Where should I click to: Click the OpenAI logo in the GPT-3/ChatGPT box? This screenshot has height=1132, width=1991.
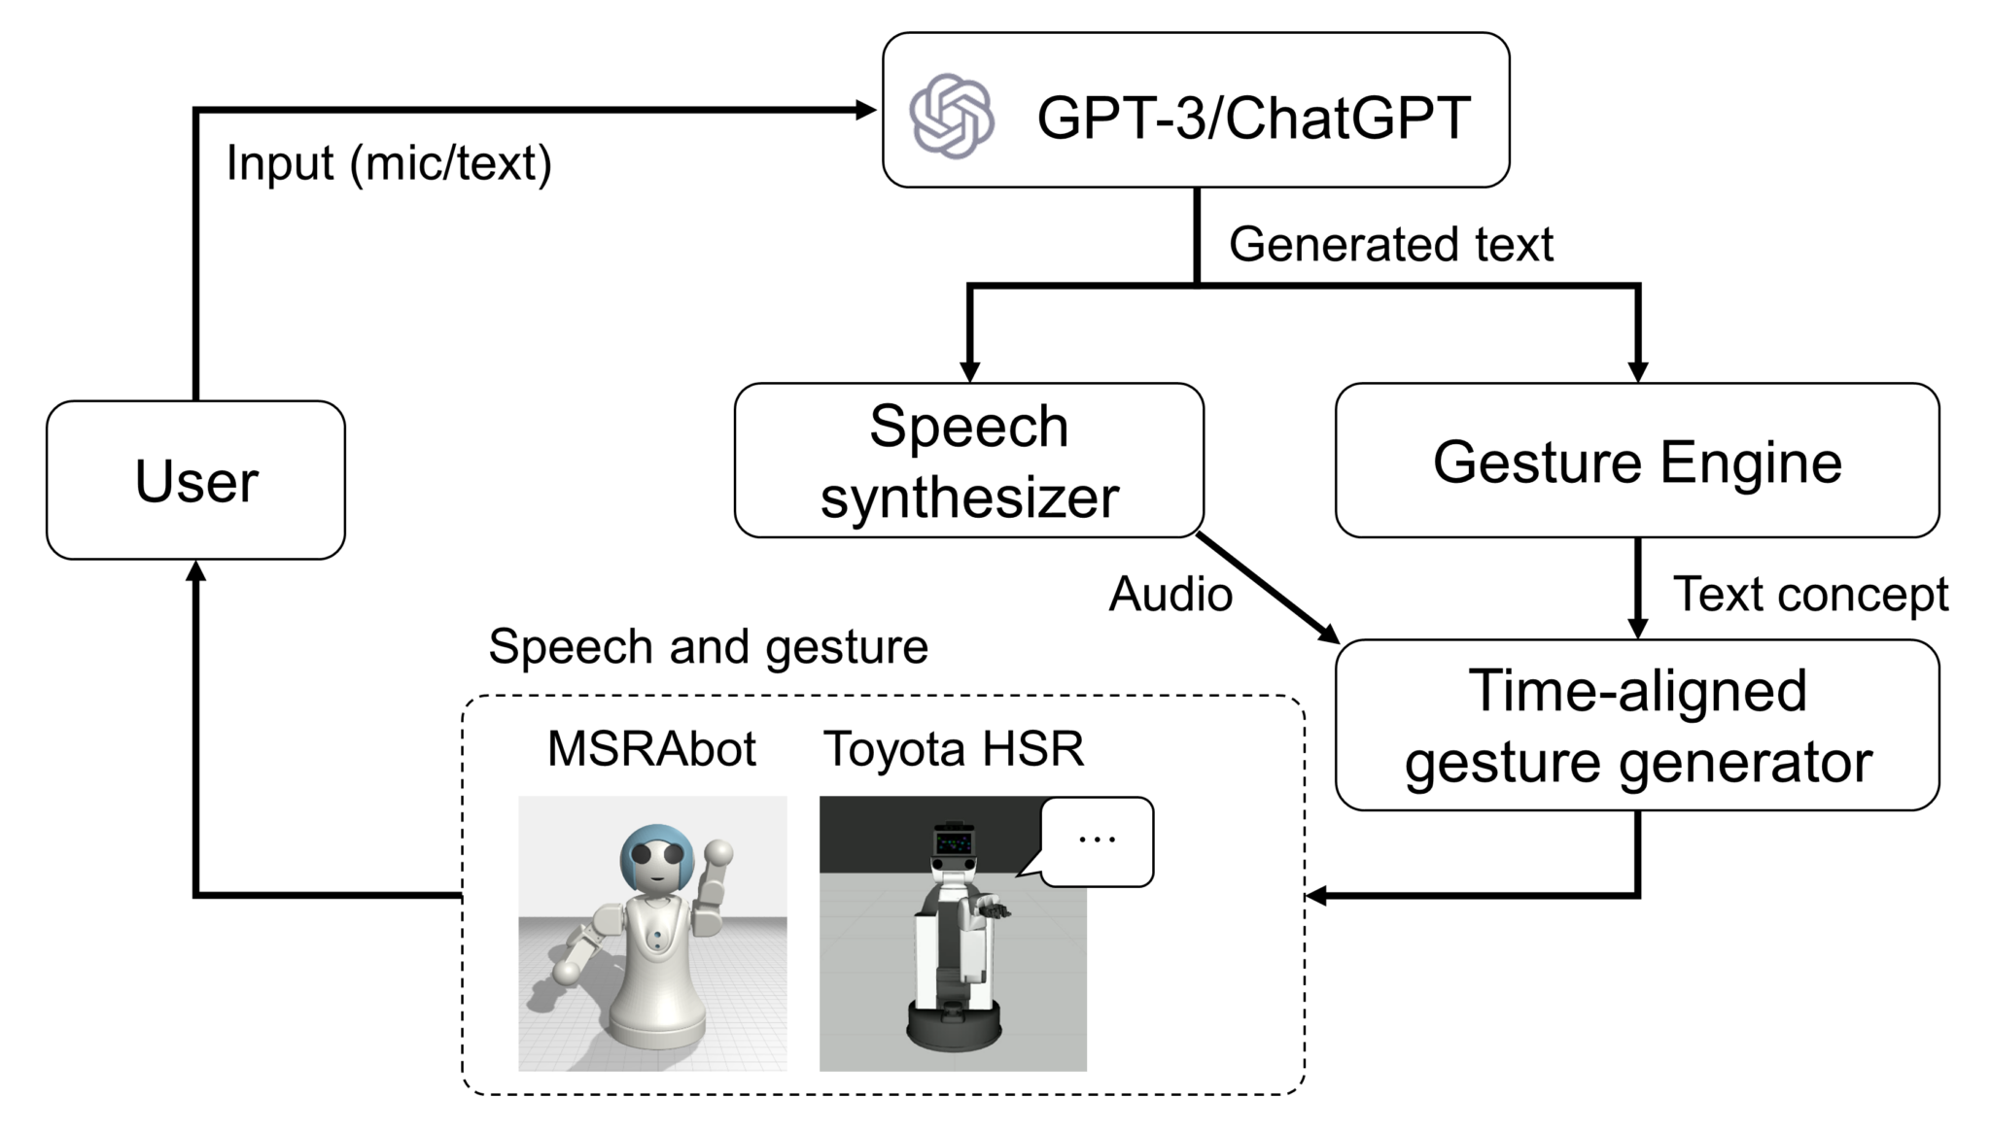[x=951, y=116]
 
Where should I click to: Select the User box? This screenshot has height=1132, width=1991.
[x=195, y=480]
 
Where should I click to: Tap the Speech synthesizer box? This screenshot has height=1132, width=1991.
[x=968, y=461]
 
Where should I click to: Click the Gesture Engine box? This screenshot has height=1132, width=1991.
[x=1636, y=461]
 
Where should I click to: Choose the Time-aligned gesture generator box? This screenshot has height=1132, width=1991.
[x=1636, y=725]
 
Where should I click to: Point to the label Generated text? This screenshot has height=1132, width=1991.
[x=1390, y=244]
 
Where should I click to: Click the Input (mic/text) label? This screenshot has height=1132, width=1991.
[x=389, y=163]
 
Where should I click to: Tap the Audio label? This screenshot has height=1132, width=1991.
[x=1170, y=594]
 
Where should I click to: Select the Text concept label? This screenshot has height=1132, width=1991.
[x=1809, y=594]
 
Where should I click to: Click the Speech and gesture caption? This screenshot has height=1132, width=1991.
[x=708, y=646]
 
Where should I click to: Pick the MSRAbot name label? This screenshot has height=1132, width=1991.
[x=651, y=749]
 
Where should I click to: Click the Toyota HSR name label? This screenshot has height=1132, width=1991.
[x=953, y=749]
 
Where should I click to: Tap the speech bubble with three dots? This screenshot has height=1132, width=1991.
[x=1098, y=840]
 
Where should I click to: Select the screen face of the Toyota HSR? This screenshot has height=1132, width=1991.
[x=954, y=842]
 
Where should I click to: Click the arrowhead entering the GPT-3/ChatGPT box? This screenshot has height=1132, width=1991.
[x=865, y=110]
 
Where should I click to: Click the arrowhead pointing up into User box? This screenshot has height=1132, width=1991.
[x=196, y=572]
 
